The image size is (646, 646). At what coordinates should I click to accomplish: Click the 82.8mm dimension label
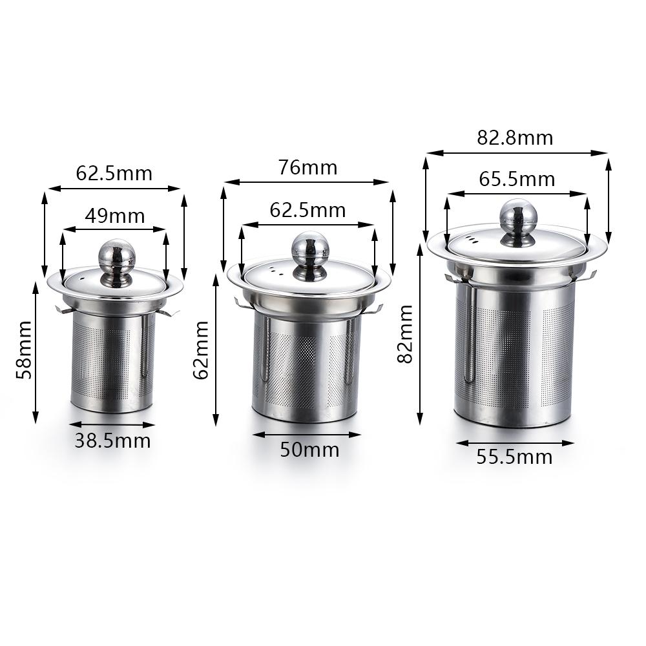coord(515,138)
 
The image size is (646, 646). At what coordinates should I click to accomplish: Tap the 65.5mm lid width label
coord(517,179)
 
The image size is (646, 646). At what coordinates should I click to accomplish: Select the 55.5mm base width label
coord(515,457)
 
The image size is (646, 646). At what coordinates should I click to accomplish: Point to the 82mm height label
coord(405,343)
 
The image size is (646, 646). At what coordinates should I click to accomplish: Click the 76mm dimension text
coord(307,168)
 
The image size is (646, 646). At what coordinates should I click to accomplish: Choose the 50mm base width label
coord(309,450)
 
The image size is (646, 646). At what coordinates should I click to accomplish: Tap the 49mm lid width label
coord(115,216)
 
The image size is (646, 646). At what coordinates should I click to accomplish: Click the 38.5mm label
coord(112,441)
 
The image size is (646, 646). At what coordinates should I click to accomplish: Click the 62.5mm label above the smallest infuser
coord(114,174)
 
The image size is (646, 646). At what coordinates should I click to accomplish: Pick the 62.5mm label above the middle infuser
coord(307,211)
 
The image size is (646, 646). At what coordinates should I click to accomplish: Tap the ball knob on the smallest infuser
coord(115,256)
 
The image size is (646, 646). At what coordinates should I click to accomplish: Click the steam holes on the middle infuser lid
coord(273,270)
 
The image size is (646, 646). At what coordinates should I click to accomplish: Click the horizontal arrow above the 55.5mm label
coord(515,443)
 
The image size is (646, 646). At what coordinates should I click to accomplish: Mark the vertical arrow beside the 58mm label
coord(36,352)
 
